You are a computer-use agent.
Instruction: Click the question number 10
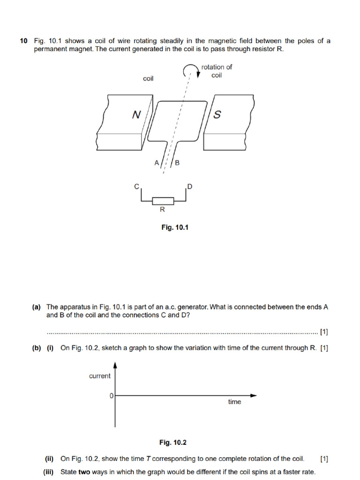click(23, 41)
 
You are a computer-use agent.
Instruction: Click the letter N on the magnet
click(136, 114)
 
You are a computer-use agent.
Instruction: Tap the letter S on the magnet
click(217, 115)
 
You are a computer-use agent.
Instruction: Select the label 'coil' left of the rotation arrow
click(148, 79)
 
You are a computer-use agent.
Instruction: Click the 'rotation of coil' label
click(217, 71)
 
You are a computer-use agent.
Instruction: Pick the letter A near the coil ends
click(157, 163)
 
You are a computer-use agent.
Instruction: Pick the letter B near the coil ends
click(177, 163)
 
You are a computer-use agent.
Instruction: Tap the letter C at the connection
click(137, 187)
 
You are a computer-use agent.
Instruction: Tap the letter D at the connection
click(189, 187)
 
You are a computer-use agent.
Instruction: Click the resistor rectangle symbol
click(163, 201)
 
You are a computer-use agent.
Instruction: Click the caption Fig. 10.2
click(173, 442)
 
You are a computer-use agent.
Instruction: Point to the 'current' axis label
click(100, 376)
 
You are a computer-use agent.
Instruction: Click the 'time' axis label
click(234, 402)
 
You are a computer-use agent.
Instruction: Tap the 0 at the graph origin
click(111, 396)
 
